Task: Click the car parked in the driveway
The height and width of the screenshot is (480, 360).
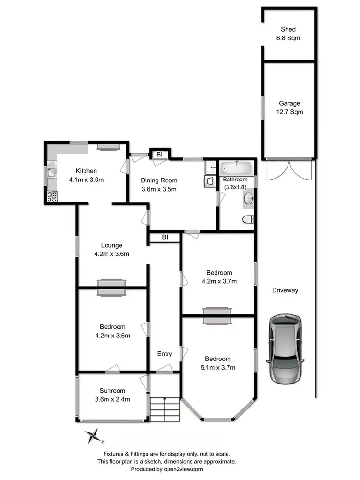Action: [287, 347]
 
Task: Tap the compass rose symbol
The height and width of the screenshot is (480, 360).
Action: [95, 436]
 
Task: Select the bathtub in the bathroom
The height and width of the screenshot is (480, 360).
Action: [236, 168]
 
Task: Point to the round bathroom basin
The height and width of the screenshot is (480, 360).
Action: [248, 198]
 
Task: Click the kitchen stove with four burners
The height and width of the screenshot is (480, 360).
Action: [51, 196]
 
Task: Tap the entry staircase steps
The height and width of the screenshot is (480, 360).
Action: [164, 409]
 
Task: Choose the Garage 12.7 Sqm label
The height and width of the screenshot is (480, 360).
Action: [289, 108]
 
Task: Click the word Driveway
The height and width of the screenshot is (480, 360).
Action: [285, 290]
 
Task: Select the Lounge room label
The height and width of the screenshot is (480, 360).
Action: [111, 245]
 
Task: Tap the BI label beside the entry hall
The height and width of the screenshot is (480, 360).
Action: [165, 237]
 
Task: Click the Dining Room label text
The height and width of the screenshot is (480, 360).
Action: [159, 180]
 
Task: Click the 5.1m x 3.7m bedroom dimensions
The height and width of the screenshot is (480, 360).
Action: [218, 368]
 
